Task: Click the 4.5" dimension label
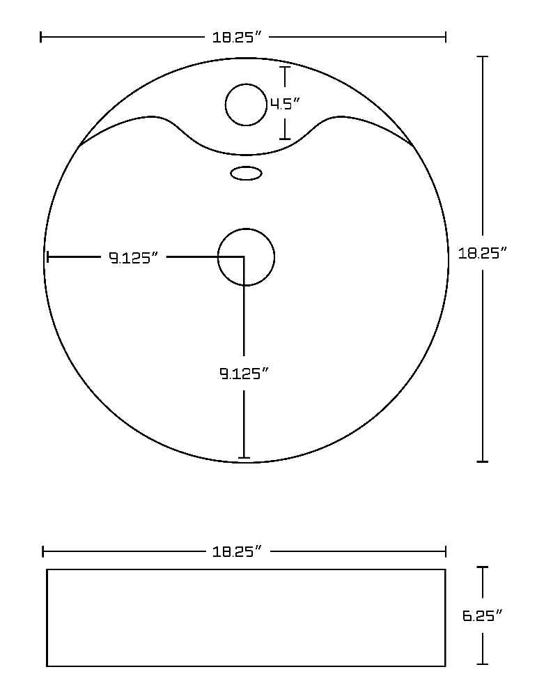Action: (285, 105)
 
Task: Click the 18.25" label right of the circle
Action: (483, 254)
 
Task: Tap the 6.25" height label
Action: (483, 615)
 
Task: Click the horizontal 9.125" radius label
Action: (134, 257)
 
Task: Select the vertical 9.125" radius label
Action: (244, 374)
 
